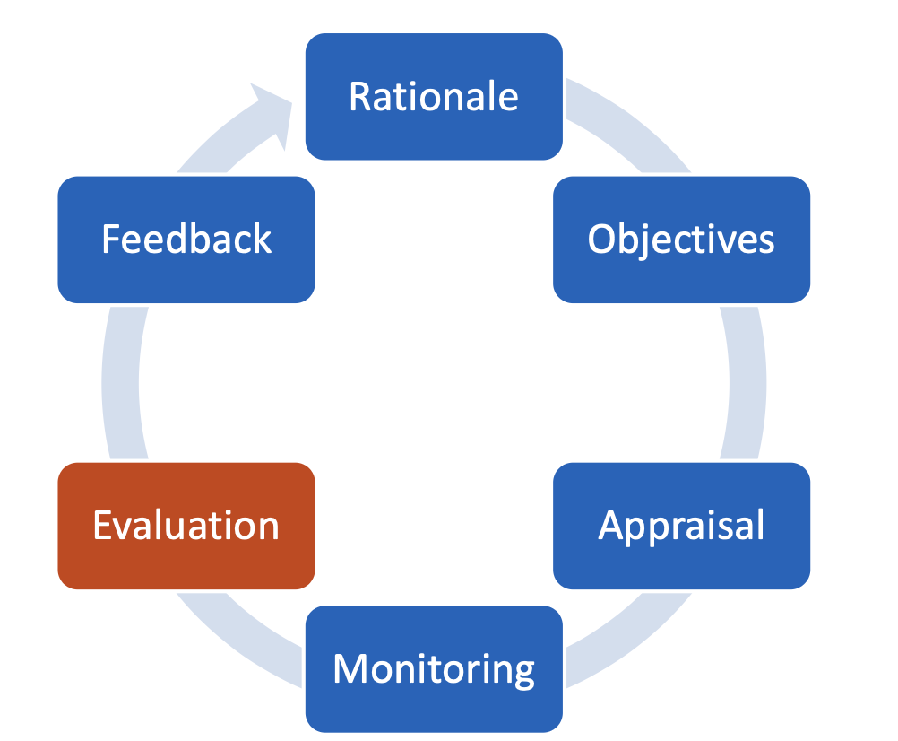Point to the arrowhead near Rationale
coord(272,108)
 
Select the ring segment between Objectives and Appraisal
coord(747,382)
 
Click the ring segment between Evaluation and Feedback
coord(120,382)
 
